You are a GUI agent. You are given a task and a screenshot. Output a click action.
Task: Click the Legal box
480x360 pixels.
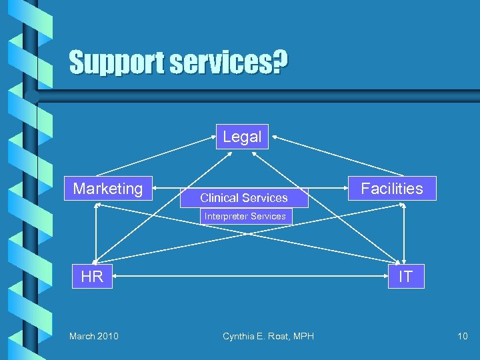(x=242, y=137)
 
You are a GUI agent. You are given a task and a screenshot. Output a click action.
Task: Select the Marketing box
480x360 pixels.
(x=108, y=189)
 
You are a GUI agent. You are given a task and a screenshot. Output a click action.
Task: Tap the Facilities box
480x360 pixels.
(x=392, y=189)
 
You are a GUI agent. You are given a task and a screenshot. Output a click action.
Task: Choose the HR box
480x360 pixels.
(x=92, y=277)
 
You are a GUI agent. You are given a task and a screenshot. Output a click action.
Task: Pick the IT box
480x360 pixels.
(x=405, y=277)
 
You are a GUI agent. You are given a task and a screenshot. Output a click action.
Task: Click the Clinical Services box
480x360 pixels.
(x=244, y=197)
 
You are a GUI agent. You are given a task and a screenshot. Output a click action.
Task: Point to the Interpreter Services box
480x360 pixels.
(x=245, y=216)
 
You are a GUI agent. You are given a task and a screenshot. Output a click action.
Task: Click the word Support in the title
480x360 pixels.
(x=117, y=63)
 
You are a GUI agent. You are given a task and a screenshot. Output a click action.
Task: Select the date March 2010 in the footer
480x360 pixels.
(x=94, y=336)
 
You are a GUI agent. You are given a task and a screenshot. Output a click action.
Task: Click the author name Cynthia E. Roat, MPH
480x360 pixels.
(x=268, y=336)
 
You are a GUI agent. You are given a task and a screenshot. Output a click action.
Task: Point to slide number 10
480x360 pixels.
(x=463, y=336)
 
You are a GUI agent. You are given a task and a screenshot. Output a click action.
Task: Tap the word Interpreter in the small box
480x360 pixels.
(x=225, y=216)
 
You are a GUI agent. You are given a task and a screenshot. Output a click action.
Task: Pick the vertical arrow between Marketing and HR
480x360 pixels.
(x=97, y=233)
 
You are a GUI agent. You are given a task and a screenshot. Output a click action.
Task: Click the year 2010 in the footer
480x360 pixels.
(x=107, y=336)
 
